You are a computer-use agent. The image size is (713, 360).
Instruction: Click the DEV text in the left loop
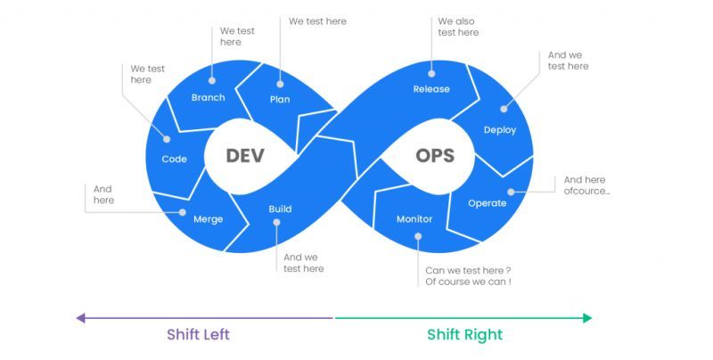click(245, 155)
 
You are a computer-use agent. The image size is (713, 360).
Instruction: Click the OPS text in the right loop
click(435, 155)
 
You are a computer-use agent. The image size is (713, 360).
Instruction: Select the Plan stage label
click(280, 99)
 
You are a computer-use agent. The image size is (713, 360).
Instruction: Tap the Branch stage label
click(208, 97)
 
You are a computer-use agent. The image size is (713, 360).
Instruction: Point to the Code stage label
click(174, 159)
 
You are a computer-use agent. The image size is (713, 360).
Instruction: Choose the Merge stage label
click(208, 219)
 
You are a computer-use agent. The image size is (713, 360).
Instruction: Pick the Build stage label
click(280, 209)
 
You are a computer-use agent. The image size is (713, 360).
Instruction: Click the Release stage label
click(431, 89)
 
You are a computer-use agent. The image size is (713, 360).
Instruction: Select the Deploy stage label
click(500, 130)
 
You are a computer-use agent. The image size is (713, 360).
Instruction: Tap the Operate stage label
click(488, 203)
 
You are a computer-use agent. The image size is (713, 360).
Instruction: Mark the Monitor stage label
click(414, 219)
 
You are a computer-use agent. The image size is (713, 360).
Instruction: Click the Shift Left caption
click(198, 335)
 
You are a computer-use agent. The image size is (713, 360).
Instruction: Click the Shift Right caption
click(464, 335)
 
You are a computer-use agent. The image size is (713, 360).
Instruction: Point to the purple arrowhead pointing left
click(80, 317)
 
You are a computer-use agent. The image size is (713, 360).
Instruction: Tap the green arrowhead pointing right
click(586, 317)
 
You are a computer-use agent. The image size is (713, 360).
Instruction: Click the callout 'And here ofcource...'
click(586, 185)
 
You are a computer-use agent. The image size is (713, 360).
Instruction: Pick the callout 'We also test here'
click(458, 27)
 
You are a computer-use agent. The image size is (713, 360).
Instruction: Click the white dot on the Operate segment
click(511, 191)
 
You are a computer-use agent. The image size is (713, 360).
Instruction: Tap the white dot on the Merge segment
click(183, 212)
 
